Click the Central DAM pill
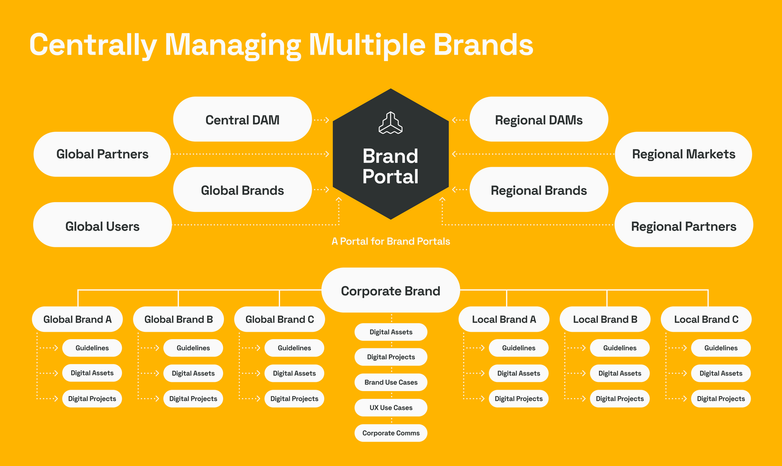[242, 119]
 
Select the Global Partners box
[102, 154]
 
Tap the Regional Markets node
[683, 154]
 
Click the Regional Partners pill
[684, 225]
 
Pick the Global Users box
[102, 225]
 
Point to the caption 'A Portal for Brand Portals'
[391, 241]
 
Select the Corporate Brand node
[391, 290]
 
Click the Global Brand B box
[178, 319]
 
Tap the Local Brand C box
[706, 319]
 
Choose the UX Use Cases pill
[391, 407]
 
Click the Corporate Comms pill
[391, 433]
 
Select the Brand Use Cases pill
[391, 382]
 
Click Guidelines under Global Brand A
[92, 348]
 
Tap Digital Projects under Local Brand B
[620, 399]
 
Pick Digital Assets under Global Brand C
[294, 373]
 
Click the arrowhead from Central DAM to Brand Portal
[327, 120]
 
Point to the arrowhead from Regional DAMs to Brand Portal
[454, 120]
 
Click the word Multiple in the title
[367, 45]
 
